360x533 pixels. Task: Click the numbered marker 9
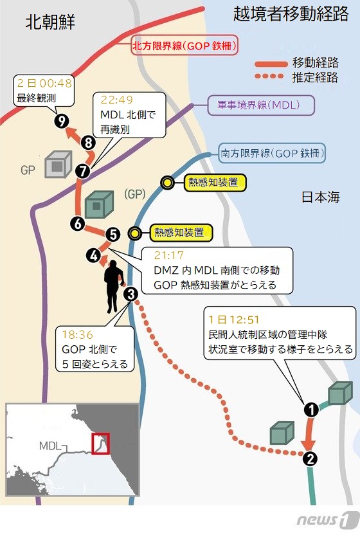click(62, 121)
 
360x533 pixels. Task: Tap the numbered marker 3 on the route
click(131, 294)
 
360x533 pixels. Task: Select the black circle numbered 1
click(311, 410)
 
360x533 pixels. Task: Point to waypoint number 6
click(78, 223)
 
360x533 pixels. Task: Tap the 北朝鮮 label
click(50, 22)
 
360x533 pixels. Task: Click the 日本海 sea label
click(321, 197)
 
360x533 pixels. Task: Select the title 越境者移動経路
click(291, 14)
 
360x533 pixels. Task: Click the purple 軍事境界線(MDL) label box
click(261, 105)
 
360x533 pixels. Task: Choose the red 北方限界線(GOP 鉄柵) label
click(184, 46)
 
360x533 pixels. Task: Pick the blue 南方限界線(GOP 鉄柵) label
click(272, 153)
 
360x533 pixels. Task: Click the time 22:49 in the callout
click(116, 100)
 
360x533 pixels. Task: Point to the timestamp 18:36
click(78, 334)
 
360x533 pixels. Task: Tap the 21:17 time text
click(168, 255)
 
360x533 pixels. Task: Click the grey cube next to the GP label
click(58, 165)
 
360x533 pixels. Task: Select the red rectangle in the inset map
click(100, 443)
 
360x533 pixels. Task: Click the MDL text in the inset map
click(50, 446)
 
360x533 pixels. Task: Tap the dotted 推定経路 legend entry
click(297, 77)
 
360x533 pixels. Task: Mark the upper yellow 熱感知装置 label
click(214, 183)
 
